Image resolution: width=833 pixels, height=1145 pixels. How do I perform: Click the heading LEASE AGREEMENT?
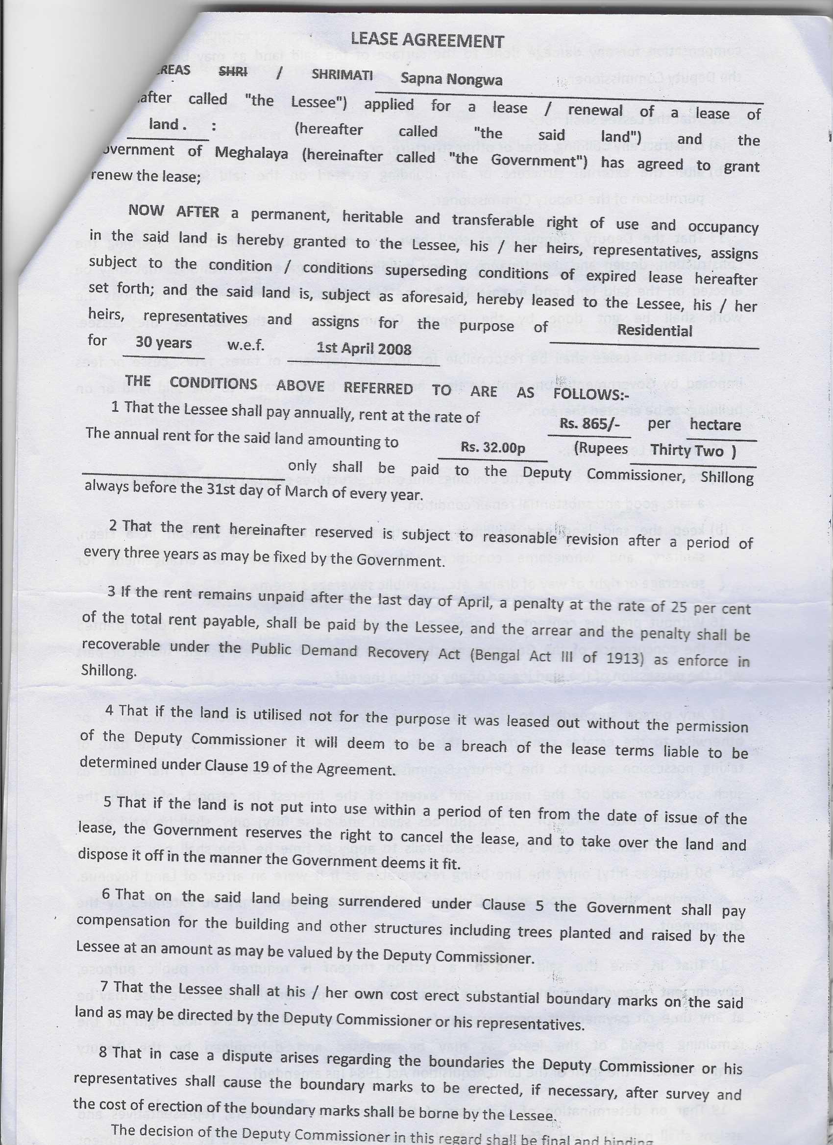[x=427, y=40]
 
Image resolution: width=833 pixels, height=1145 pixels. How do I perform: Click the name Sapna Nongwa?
[x=451, y=79]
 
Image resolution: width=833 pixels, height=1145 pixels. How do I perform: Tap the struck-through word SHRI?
[x=233, y=72]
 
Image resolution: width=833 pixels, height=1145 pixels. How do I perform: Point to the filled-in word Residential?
[x=654, y=331]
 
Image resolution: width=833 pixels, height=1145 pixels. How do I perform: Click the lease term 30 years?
[x=164, y=343]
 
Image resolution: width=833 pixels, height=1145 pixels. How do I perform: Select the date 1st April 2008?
[x=364, y=348]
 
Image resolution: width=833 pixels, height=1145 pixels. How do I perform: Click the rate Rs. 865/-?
[x=589, y=424]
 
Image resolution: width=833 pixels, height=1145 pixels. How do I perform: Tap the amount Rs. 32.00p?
[x=492, y=448]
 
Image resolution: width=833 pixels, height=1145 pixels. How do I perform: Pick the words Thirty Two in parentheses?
[x=687, y=450]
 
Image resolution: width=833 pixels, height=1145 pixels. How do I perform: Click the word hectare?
[x=715, y=425]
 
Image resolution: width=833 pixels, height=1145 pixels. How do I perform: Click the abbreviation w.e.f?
[x=245, y=346]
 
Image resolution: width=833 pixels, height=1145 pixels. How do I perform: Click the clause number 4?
[x=109, y=710]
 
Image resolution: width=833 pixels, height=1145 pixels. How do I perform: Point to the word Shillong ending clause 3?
[x=109, y=671]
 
